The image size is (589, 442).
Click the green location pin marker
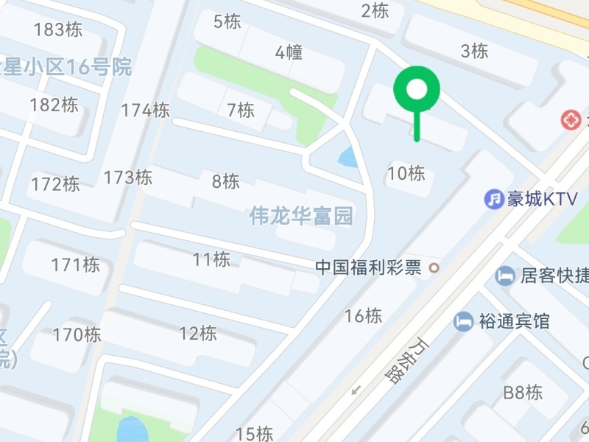coord(417,90)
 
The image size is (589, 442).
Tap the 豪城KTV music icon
coord(493,199)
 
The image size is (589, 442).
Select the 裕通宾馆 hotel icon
coord(463,321)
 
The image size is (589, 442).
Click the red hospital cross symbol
coord(571,119)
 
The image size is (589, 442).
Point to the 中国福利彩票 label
coord(368,267)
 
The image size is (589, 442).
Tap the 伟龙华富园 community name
coord(301,216)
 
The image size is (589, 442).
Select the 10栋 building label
coord(406,174)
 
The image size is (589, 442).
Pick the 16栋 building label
coord(364,316)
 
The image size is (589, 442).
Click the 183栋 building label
coord(58,30)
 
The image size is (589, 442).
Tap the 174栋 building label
coord(146,110)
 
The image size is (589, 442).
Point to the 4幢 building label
coord(289,52)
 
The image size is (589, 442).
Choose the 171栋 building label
coord(76,265)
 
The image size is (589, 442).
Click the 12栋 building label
coord(198,334)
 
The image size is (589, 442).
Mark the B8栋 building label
coord(523,393)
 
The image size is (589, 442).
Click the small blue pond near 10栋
coord(347,157)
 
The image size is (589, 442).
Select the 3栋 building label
coord(474,52)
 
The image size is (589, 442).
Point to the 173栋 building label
coord(128,178)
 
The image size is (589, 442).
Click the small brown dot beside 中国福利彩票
coord(434,267)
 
